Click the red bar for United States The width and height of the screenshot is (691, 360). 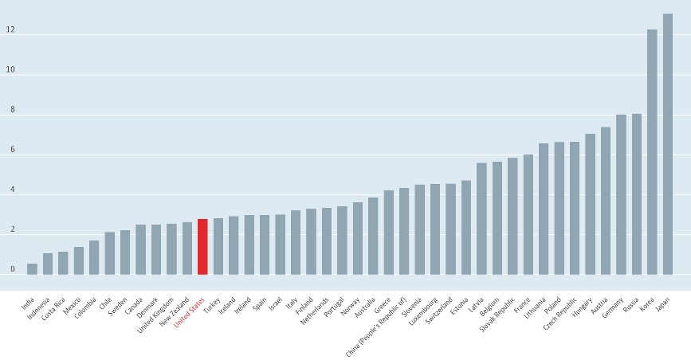(x=202, y=247)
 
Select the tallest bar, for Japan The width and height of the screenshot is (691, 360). (x=668, y=144)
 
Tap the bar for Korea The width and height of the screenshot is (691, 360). (x=652, y=152)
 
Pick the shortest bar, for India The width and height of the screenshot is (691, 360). (x=32, y=269)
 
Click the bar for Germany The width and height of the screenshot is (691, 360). (x=621, y=194)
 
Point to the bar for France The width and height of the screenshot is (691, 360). (x=528, y=214)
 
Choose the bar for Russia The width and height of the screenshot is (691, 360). (x=637, y=194)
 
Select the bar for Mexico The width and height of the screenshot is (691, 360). (x=79, y=260)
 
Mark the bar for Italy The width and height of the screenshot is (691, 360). (x=296, y=242)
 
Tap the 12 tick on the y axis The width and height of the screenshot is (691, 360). (x=10, y=31)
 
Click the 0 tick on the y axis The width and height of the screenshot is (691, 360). (x=12, y=270)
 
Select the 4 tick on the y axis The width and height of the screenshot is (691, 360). (x=12, y=190)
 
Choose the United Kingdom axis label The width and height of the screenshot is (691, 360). (x=155, y=309)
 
